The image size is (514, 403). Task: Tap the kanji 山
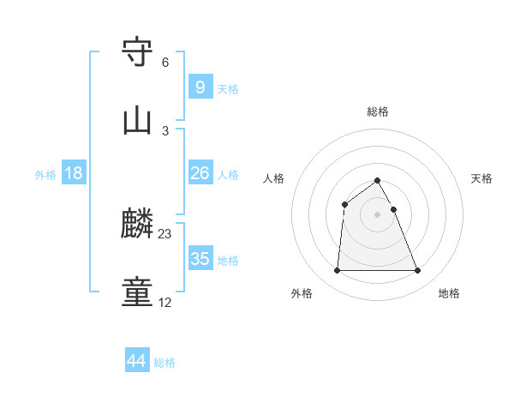138,122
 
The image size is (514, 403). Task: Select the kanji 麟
138,226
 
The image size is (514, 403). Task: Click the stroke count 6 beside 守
165,63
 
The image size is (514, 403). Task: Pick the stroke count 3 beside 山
165,130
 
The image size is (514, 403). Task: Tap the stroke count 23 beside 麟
166,234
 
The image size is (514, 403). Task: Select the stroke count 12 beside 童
165,303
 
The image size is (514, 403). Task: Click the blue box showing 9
200,87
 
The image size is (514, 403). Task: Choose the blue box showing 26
200,173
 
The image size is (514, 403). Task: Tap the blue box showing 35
200,259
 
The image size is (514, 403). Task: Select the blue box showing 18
74,173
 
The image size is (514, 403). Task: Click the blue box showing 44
137,361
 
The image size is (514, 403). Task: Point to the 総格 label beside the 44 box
164,363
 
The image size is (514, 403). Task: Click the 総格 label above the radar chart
378,111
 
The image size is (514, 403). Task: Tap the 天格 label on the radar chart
482,178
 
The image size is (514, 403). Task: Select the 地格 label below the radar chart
449,294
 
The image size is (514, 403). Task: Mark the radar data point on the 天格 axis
394,209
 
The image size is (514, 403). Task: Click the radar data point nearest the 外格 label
337,271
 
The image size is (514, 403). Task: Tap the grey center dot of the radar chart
378,214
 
